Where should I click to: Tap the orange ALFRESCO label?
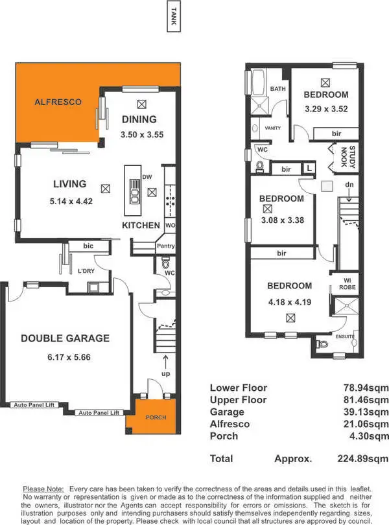coord(58,102)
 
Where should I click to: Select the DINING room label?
coord(139,119)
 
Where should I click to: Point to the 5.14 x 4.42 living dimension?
coord(71,201)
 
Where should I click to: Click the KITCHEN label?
coord(141,225)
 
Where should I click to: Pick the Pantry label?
coord(165,246)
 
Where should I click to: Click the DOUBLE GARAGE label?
coord(65,338)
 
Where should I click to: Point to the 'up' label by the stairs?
coord(165,375)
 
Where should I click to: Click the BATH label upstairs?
coord(277,89)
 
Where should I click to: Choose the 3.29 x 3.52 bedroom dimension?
coord(326,109)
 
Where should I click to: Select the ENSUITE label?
coord(346,337)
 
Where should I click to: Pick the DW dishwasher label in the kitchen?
coord(147,176)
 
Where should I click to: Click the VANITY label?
coord(273,128)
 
